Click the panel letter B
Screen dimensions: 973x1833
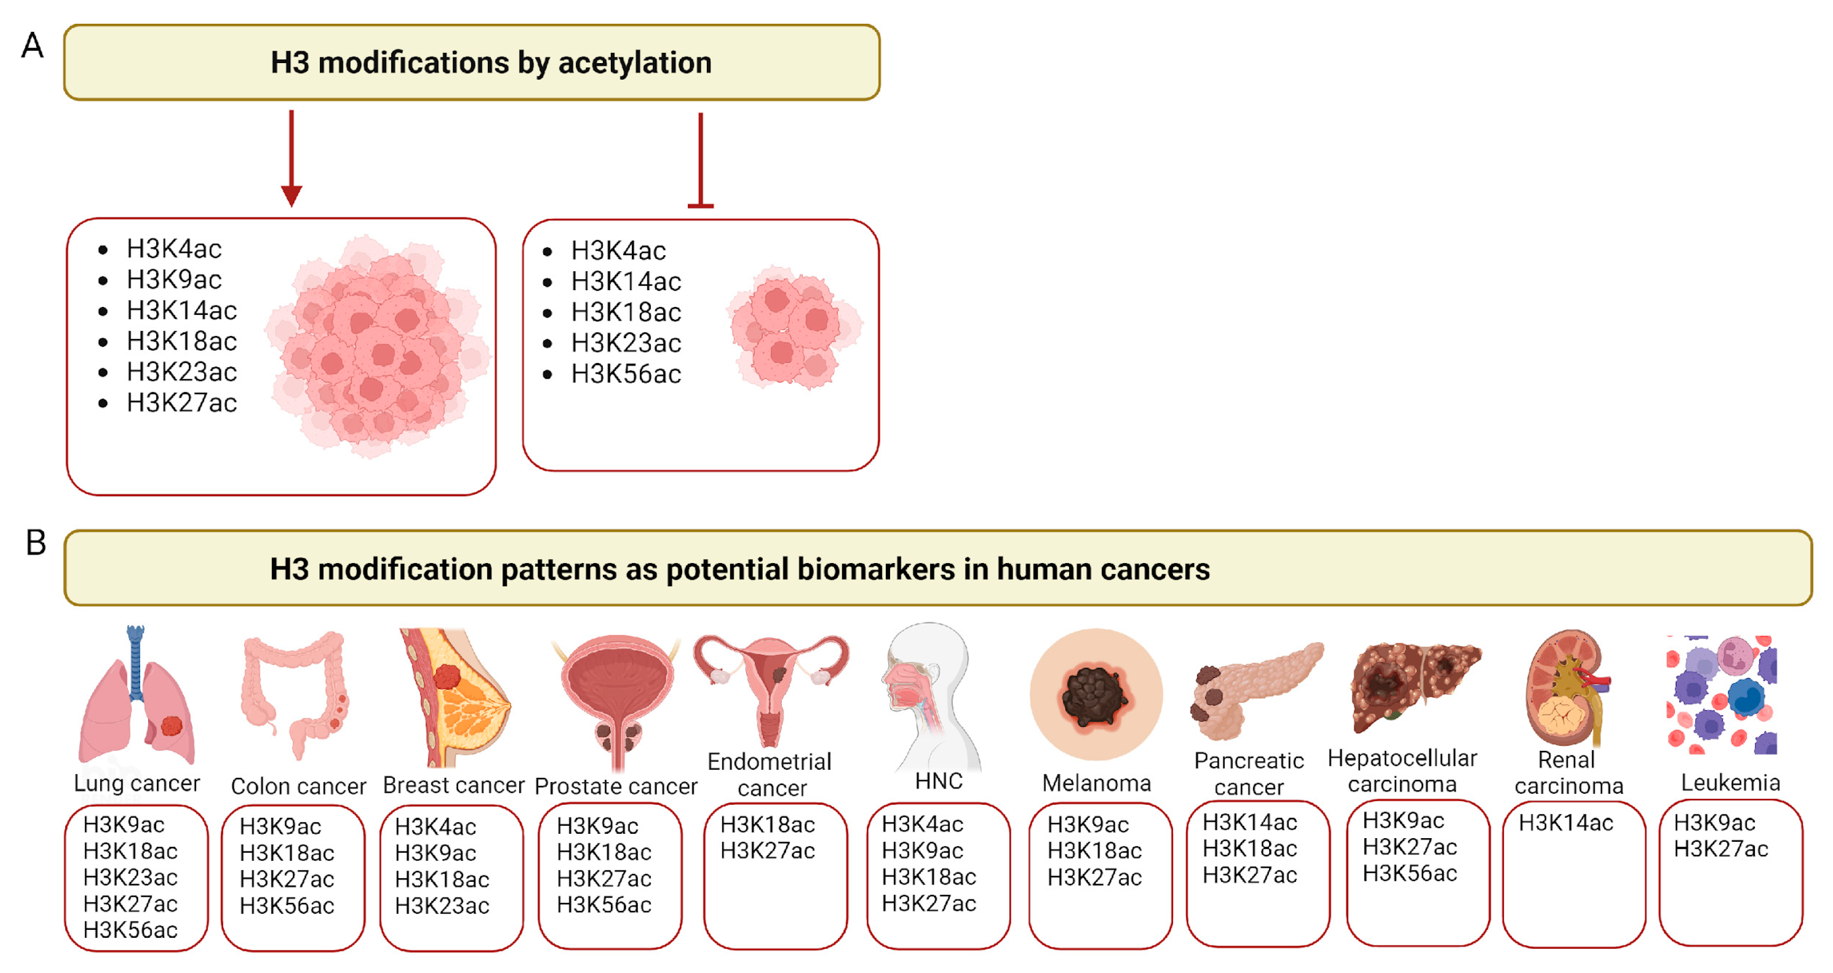[x=36, y=543]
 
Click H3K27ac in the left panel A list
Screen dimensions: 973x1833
[x=182, y=403]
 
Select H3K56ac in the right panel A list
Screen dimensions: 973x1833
[x=626, y=374]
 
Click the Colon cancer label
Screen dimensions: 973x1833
[x=298, y=786]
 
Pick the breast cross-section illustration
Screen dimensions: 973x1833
[x=456, y=697]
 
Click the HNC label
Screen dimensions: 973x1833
[x=939, y=782]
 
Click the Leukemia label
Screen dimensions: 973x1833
[x=1730, y=783]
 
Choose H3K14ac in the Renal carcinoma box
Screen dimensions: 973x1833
[x=1566, y=823]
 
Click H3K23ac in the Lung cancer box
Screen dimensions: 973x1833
[x=130, y=878]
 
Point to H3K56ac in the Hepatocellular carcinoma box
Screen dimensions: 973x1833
[x=1410, y=873]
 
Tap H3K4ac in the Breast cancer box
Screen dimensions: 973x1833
[x=436, y=827]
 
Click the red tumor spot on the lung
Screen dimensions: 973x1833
[x=171, y=726]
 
